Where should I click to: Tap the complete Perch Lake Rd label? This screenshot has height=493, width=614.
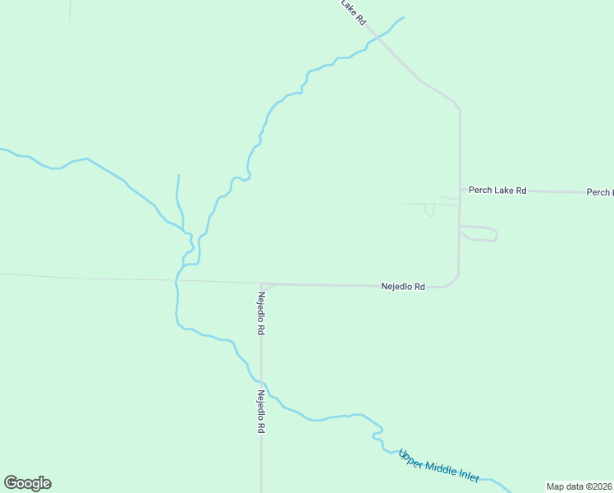click(x=497, y=190)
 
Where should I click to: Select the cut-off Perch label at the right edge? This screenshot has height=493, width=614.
click(x=600, y=192)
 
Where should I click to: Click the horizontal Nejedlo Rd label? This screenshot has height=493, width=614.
click(x=402, y=287)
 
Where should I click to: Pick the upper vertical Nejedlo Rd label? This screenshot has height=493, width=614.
click(x=261, y=313)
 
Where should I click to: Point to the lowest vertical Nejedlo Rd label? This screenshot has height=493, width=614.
click(x=261, y=412)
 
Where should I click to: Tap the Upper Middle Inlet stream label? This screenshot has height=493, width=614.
click(x=438, y=466)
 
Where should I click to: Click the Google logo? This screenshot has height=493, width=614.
click(x=27, y=483)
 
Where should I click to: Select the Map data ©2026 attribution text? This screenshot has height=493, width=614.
click(x=579, y=486)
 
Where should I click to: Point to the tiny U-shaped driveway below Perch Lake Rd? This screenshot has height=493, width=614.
click(x=429, y=211)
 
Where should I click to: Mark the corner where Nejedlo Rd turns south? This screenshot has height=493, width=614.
click(x=262, y=285)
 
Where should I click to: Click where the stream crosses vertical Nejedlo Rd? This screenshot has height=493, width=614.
click(x=262, y=382)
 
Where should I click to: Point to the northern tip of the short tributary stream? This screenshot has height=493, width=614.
click(x=178, y=175)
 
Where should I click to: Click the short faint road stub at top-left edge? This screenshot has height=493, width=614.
click(x=70, y=10)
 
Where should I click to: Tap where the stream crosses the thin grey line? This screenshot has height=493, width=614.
click(x=176, y=280)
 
